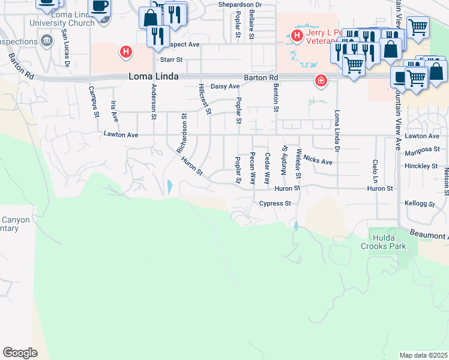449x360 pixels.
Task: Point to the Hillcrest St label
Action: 205,99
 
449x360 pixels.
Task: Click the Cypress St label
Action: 275,203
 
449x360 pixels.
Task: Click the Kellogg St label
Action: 420,204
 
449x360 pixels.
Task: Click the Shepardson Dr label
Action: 241,4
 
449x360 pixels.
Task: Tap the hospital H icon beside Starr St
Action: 126,52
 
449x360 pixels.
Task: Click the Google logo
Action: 20,353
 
